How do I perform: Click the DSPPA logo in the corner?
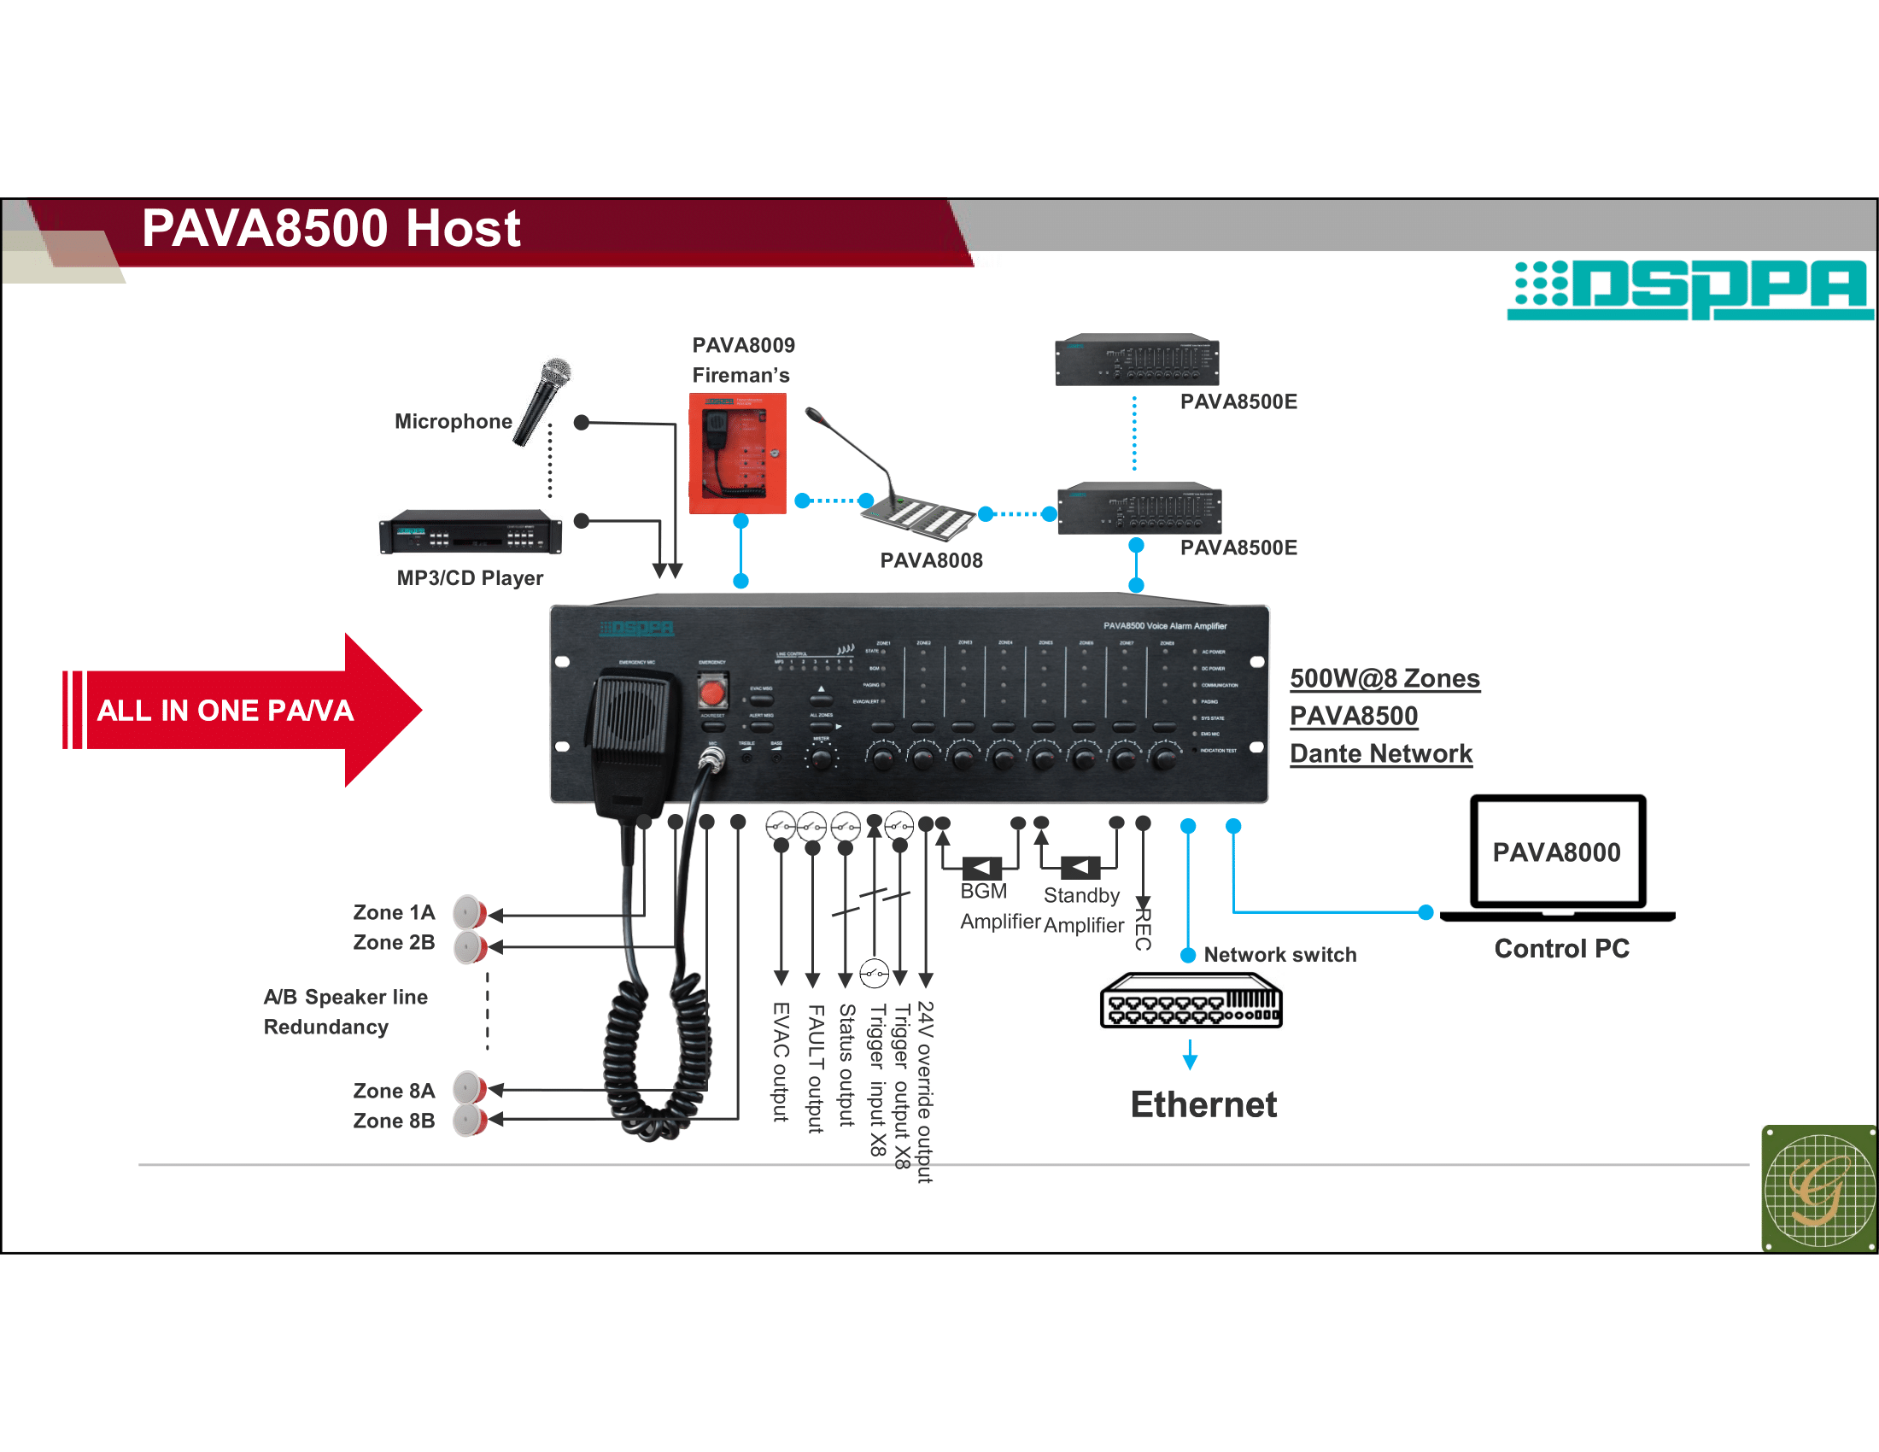click(1690, 289)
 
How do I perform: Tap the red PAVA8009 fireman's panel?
click(737, 454)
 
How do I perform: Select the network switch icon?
click(1191, 1000)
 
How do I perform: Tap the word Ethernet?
click(1203, 1104)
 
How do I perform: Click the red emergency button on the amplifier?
click(711, 692)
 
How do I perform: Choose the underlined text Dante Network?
click(1381, 753)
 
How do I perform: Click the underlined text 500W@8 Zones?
click(1384, 679)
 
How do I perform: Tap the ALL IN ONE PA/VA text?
click(225, 711)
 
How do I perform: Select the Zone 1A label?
click(394, 912)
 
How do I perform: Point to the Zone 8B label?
click(394, 1121)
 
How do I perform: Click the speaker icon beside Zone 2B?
click(471, 947)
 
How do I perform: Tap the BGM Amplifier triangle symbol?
click(980, 868)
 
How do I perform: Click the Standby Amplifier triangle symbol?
click(1080, 868)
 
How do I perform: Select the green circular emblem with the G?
click(1818, 1189)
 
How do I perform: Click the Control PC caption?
click(1561, 949)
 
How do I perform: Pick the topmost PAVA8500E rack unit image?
click(1137, 360)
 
